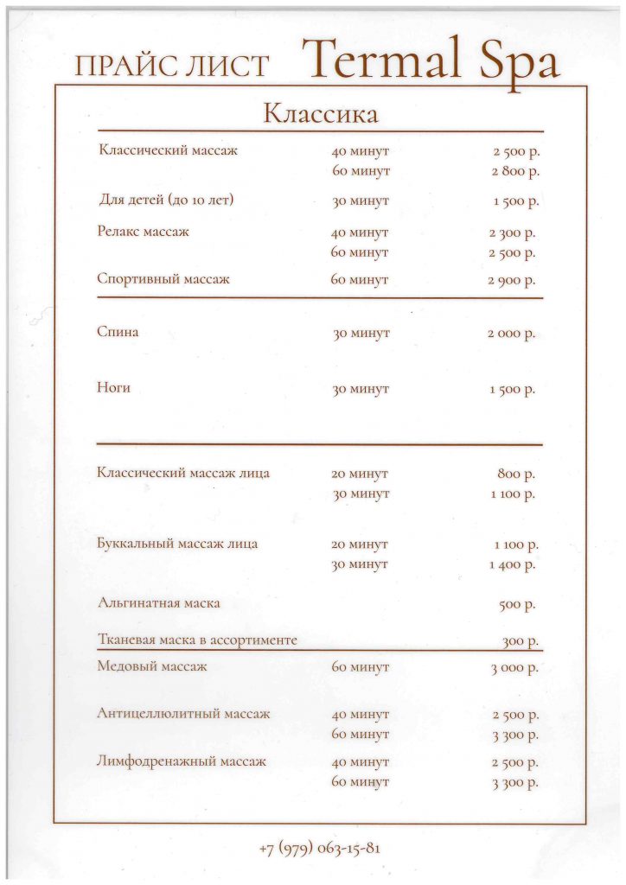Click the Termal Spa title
point(430,60)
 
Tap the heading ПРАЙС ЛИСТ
point(173,67)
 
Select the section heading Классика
point(320,113)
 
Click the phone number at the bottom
point(319,847)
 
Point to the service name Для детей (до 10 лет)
point(167,201)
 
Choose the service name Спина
point(118,333)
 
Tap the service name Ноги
point(113,388)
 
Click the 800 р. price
point(516,474)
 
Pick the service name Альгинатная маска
point(158,602)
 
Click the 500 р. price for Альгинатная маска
point(517,604)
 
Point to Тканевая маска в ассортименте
point(197,640)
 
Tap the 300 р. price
point(521,641)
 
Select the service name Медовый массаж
point(152,666)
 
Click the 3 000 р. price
point(514,668)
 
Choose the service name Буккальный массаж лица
point(177,544)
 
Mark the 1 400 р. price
point(513,564)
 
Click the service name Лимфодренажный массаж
point(182,761)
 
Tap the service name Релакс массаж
point(143,232)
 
